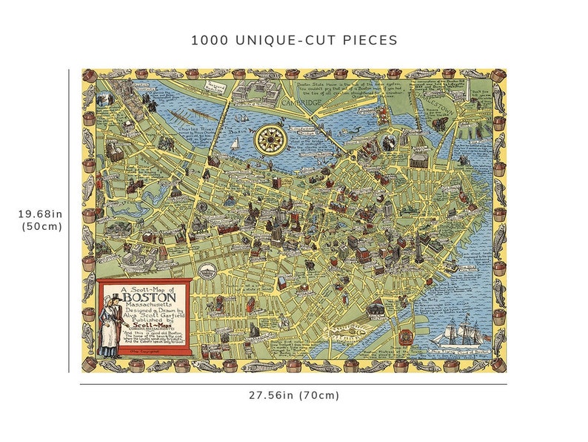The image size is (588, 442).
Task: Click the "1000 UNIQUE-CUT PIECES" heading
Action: pos(294,40)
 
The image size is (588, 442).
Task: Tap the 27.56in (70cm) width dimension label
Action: pos(294,395)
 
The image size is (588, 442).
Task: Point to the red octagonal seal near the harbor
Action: pos(405,336)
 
